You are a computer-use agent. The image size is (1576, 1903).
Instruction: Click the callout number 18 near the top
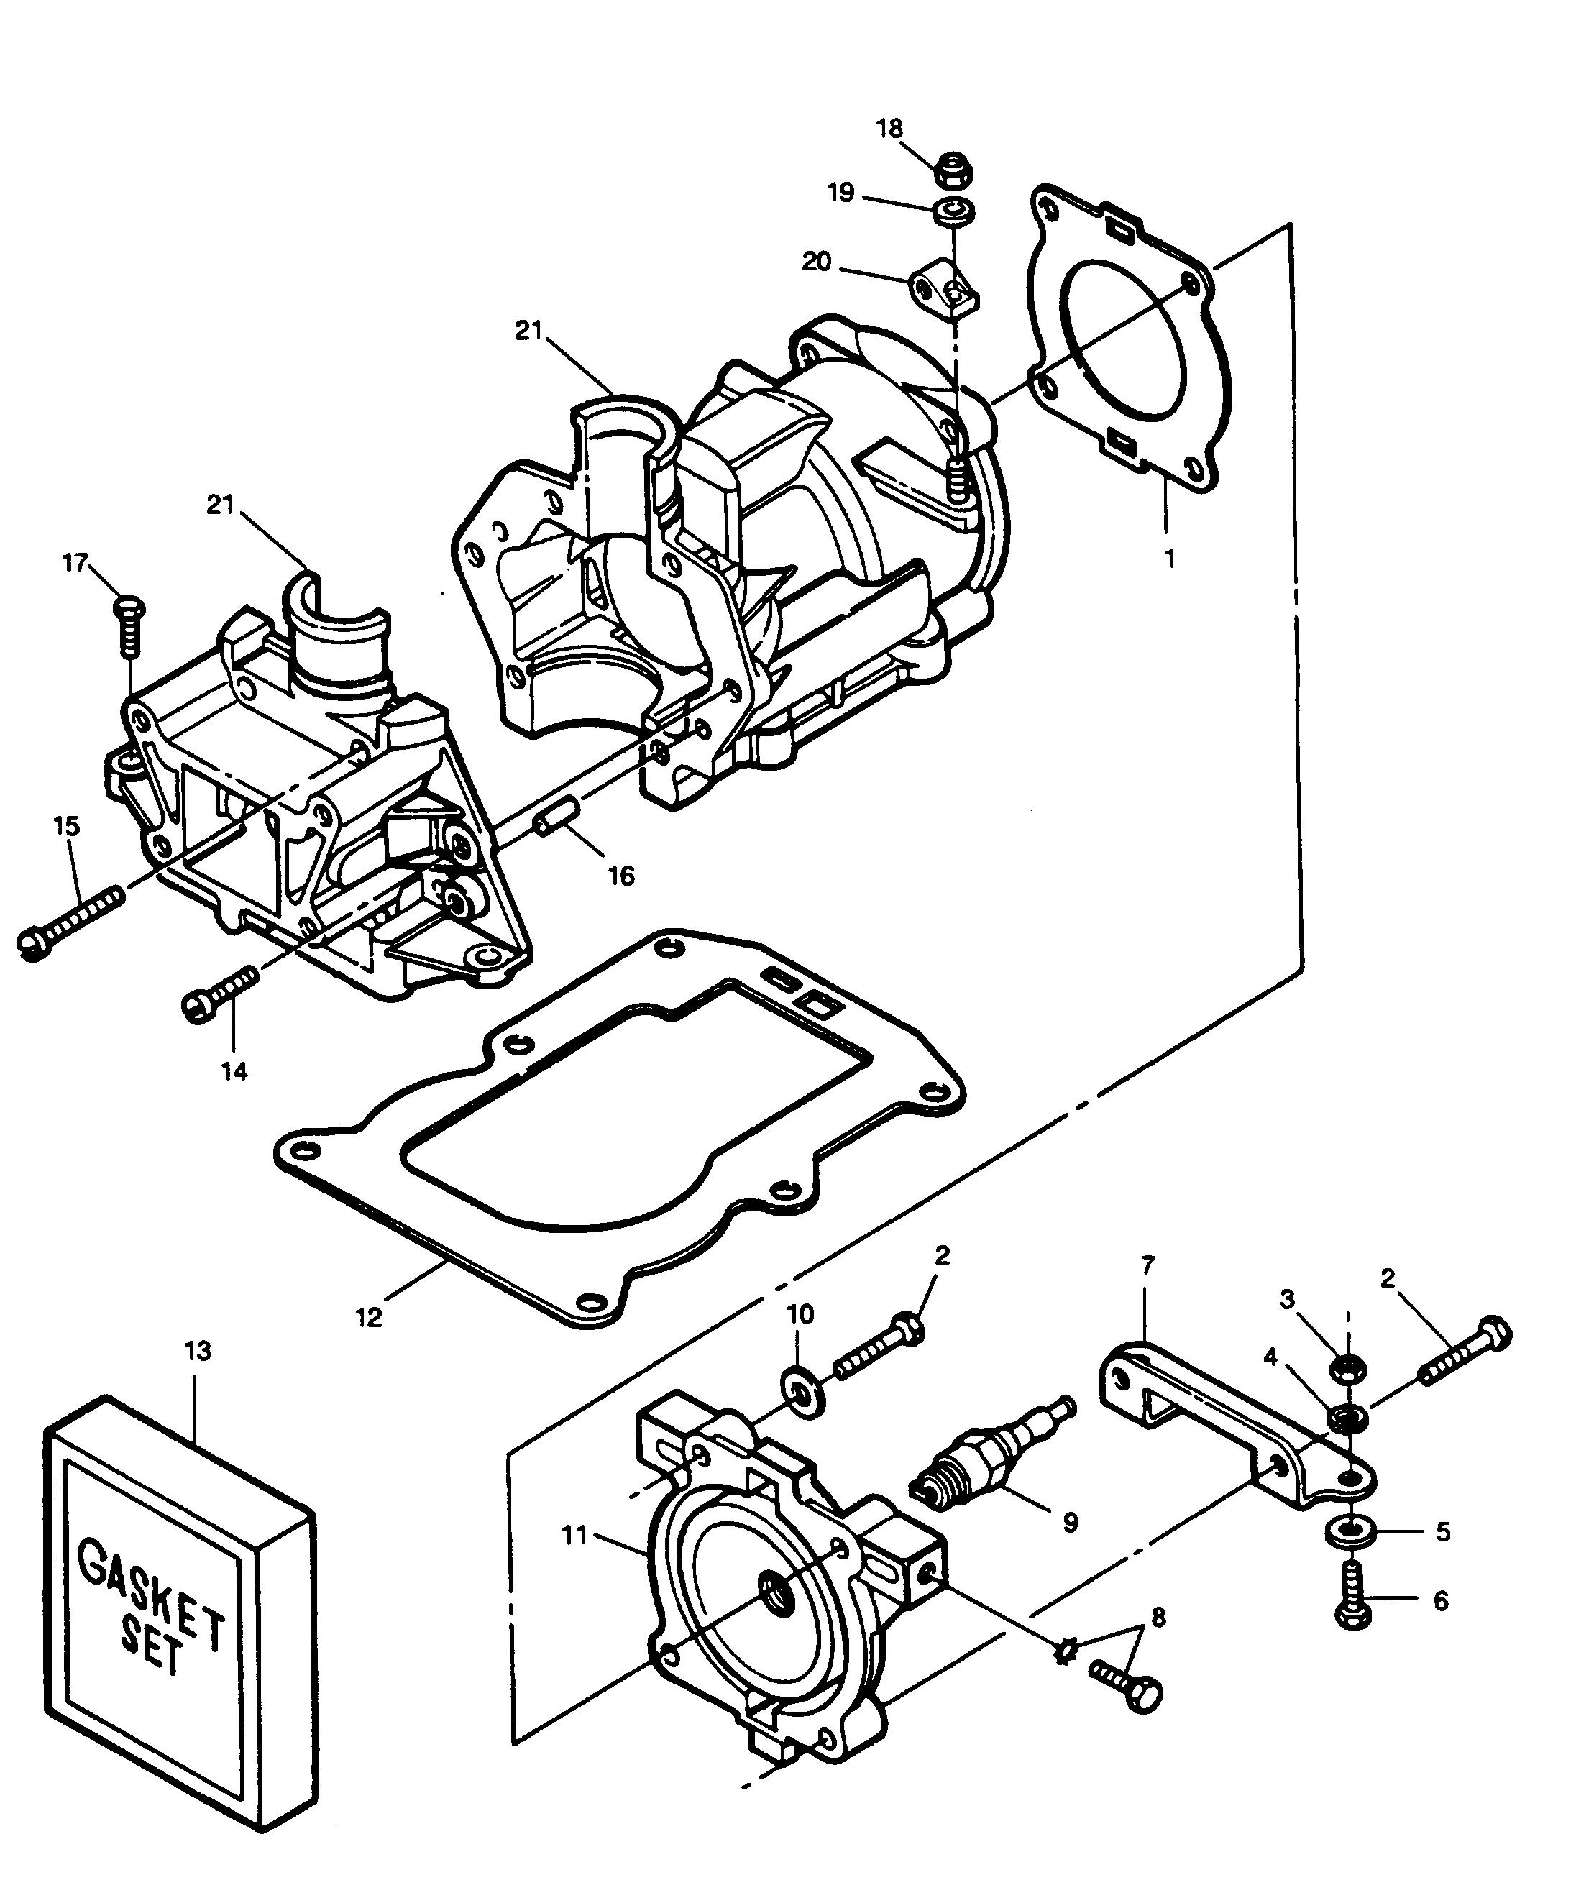point(890,129)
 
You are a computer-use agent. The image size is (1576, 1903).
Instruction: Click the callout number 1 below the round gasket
point(1170,559)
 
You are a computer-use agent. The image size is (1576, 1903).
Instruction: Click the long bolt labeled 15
point(70,922)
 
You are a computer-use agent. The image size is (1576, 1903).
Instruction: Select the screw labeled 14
point(221,993)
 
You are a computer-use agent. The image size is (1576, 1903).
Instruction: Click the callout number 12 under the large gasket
point(369,1316)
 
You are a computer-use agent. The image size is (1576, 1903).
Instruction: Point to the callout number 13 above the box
point(198,1350)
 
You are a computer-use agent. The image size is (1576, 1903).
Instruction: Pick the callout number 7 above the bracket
point(1147,1262)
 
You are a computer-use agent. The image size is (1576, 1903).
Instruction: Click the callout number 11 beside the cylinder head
point(574,1534)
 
